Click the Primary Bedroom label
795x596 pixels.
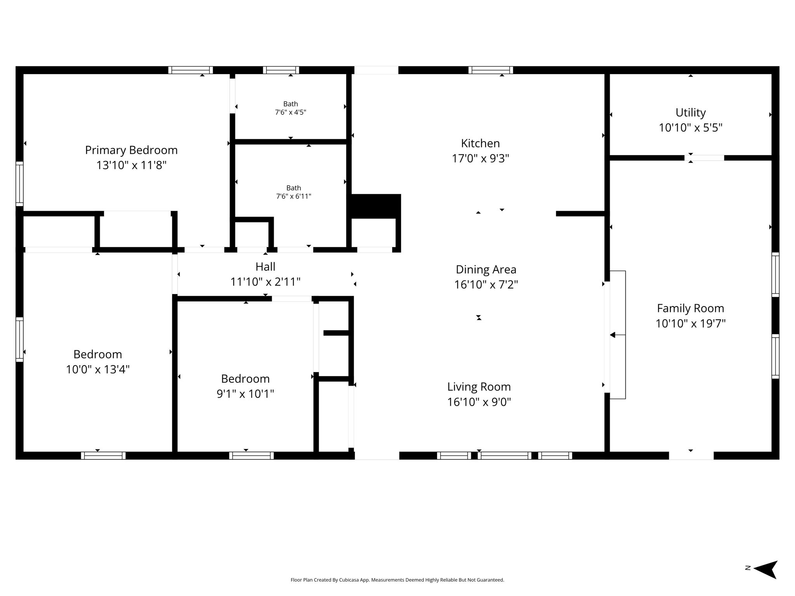[x=131, y=150]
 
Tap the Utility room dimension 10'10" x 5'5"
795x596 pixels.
[x=691, y=128]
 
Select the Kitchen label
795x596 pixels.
[x=480, y=143]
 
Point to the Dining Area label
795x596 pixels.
[x=486, y=269]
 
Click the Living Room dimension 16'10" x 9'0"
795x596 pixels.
[x=479, y=402]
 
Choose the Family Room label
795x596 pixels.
[x=691, y=308]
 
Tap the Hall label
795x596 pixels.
[x=266, y=267]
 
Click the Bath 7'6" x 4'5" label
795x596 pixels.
[x=291, y=108]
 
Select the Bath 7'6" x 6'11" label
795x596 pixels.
[x=294, y=192]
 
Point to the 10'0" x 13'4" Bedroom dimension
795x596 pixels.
[x=98, y=369]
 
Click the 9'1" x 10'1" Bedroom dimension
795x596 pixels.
[x=245, y=394]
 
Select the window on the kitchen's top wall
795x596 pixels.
[x=491, y=70]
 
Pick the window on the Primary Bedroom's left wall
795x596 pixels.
[x=19, y=184]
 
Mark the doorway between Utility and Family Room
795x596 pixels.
[x=704, y=158]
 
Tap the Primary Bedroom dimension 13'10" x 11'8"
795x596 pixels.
[x=131, y=165]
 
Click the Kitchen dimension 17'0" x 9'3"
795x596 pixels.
[x=480, y=159]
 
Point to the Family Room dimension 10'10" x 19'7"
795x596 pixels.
[x=691, y=324]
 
